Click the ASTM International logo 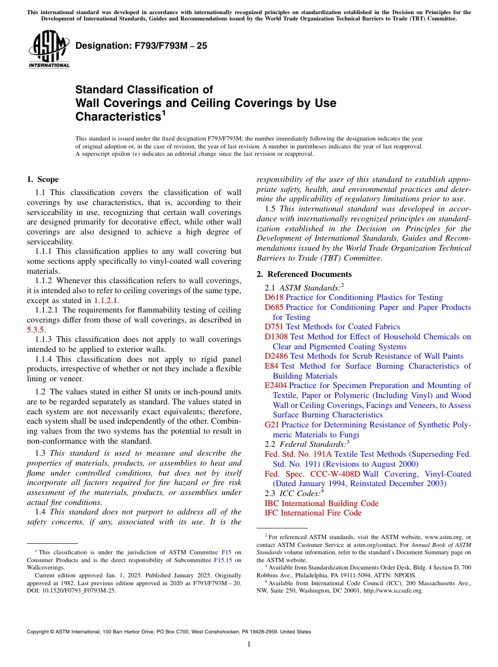coord(49,48)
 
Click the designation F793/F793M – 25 coord(141,46)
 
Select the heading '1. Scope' coord(43,179)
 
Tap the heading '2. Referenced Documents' coord(304,274)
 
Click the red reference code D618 coord(274,297)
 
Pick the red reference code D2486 coord(276,356)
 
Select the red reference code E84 coord(272,366)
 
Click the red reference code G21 coord(272,425)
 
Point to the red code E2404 coord(276,385)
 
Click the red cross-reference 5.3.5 coord(36,330)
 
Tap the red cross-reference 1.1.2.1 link coord(106,300)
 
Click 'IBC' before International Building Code coord(272,503)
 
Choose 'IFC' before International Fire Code coord(272,513)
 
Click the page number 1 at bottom coord(249,644)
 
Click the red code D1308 coord(276,337)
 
